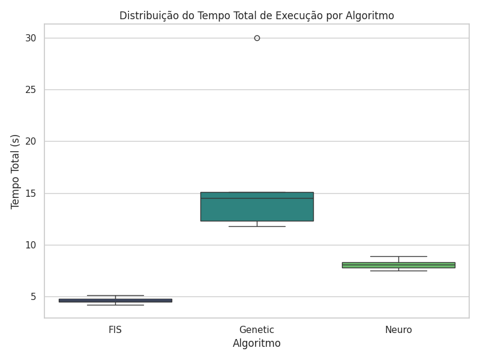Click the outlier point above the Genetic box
257,38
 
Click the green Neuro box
398,265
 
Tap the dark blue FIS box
115,300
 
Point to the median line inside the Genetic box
257,198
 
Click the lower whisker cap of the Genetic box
257,226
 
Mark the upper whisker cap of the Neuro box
398,256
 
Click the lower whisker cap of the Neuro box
398,271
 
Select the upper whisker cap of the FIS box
115,295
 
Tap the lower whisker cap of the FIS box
115,305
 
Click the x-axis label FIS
115,329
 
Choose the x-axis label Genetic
257,329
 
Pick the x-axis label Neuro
398,329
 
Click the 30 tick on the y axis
31,38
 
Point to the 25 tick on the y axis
31,90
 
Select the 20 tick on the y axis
31,142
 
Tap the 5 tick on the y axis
34,297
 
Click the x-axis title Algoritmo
257,344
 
